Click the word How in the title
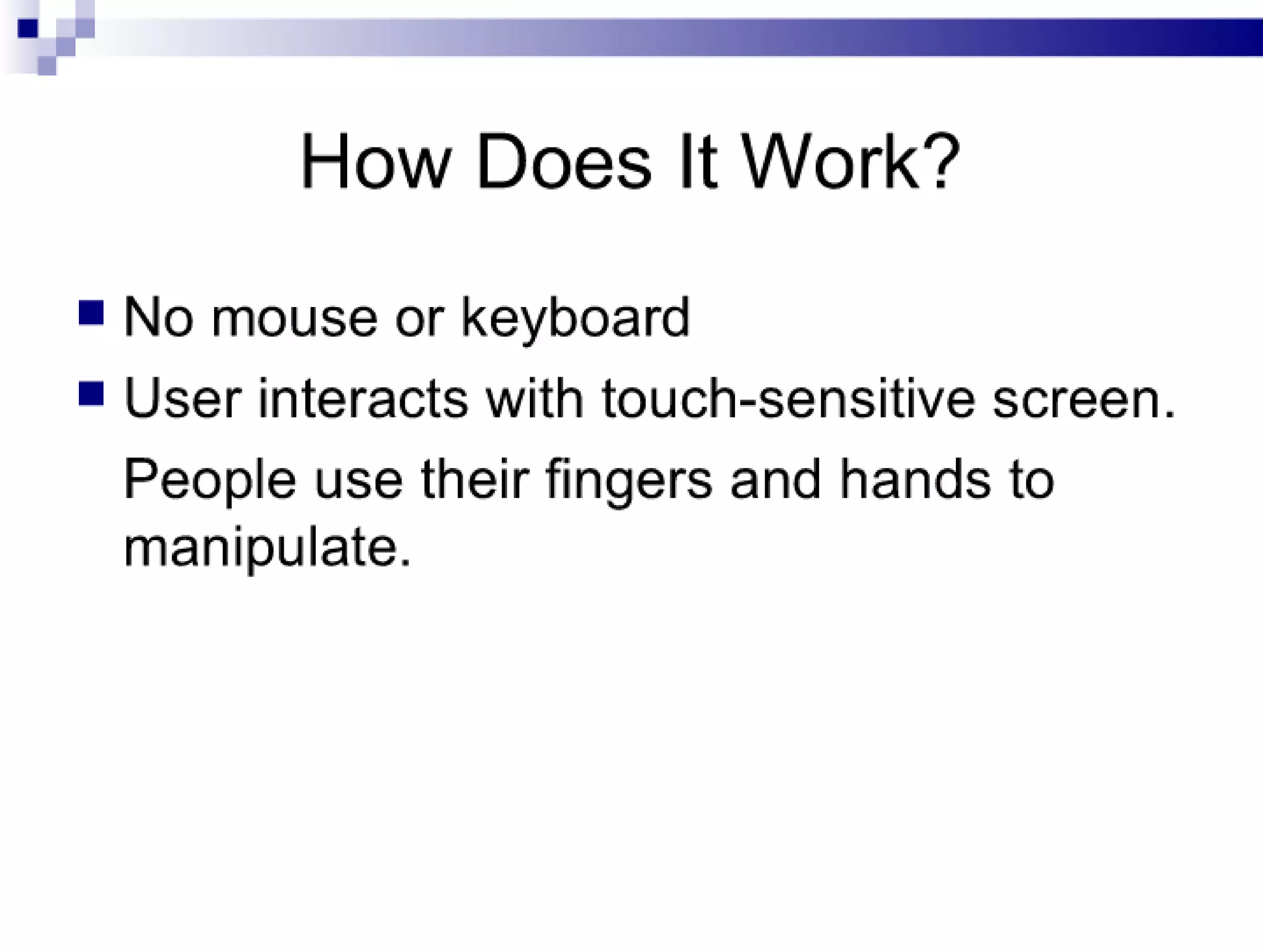pyautogui.click(x=372, y=162)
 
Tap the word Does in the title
pyautogui.click(x=564, y=162)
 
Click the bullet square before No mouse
pyautogui.click(x=91, y=313)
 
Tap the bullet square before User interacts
pyautogui.click(x=91, y=394)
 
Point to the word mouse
pyautogui.click(x=294, y=318)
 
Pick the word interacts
pyautogui.click(x=363, y=398)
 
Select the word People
pyautogui.click(x=210, y=480)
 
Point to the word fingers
pyautogui.click(x=629, y=480)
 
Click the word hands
pyautogui.click(x=915, y=479)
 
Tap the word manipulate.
pyautogui.click(x=266, y=548)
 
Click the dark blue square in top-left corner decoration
pyautogui.click(x=28, y=28)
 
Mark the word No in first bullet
pyautogui.click(x=158, y=318)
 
